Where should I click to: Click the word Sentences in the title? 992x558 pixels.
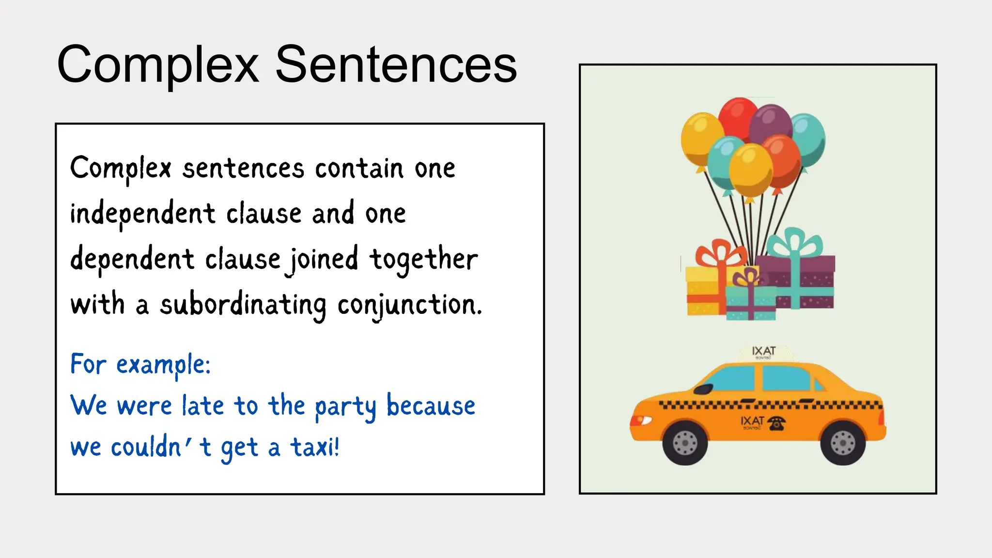pos(396,65)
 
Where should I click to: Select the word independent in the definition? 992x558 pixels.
pos(142,214)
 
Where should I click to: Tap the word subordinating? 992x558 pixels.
pos(243,306)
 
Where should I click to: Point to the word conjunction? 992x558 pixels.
pos(409,306)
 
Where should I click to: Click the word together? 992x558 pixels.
pos(423,260)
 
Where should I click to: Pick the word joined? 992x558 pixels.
pos(323,260)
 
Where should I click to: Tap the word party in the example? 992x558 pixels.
pos(345,407)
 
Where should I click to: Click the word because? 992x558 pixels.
pos(431,406)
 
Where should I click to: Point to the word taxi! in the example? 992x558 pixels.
pos(315,447)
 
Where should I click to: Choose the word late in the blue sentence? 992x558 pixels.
pos(203,406)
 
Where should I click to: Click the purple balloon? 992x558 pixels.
pos(770,124)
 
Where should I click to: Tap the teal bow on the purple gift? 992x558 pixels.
pos(794,242)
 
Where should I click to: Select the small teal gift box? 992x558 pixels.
pos(751,303)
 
